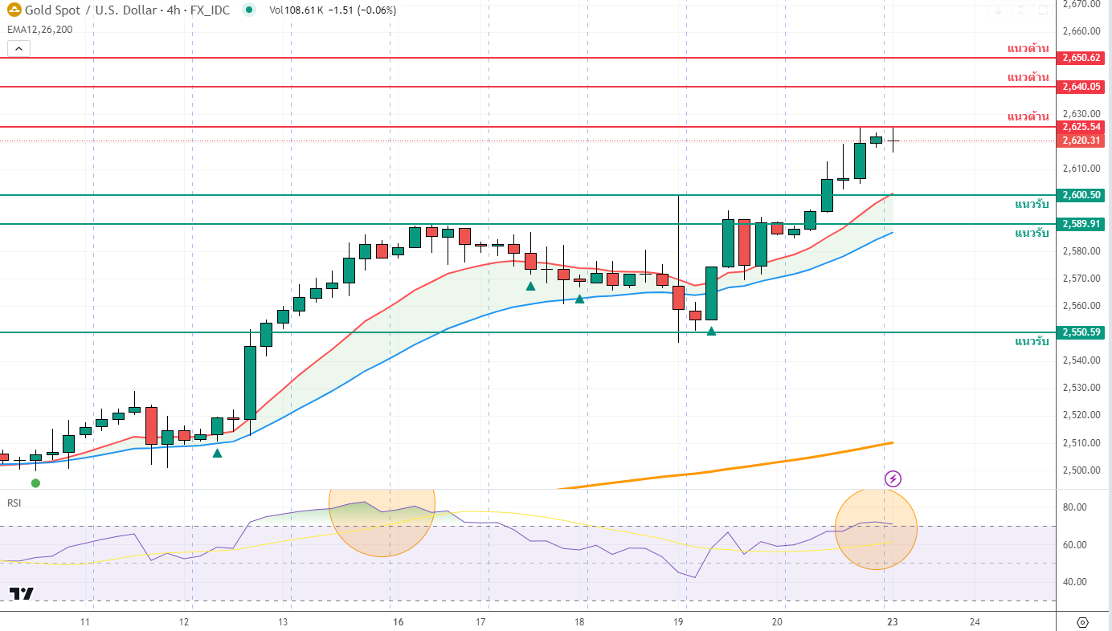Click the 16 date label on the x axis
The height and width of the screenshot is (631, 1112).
click(x=399, y=622)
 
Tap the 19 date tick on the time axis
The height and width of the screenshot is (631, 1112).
click(x=678, y=622)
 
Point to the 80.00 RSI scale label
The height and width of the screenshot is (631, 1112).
click(x=1075, y=507)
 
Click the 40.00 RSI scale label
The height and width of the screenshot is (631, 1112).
click(x=1075, y=582)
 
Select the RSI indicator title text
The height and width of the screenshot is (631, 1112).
click(x=14, y=503)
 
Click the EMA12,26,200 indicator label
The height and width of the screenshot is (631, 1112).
click(x=40, y=30)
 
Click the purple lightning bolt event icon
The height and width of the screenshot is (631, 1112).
click(x=893, y=479)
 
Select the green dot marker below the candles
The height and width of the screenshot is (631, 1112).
click(x=35, y=482)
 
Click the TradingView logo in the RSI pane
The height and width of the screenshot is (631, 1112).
click(x=22, y=594)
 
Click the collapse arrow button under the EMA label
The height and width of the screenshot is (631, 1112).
click(x=18, y=48)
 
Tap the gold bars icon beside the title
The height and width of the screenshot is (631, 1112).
click(x=14, y=10)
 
